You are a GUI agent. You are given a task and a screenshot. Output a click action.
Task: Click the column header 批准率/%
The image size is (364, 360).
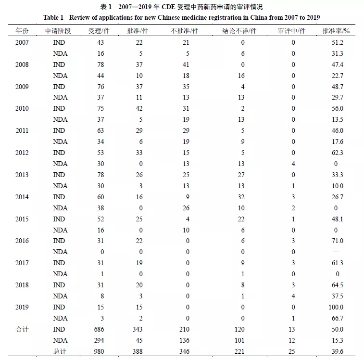pos(336,31)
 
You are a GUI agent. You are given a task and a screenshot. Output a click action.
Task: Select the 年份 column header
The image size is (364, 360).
pos(22,31)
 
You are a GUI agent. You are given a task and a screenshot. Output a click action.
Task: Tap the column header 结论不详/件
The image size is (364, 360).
pos(239,31)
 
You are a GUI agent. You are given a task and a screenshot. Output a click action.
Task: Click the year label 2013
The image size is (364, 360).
pos(22,175)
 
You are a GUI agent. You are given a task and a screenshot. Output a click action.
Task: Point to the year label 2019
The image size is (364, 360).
pos(22,307)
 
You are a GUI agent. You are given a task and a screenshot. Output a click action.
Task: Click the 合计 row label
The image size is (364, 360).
pos(22,329)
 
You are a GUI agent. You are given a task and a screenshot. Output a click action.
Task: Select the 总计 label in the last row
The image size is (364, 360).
pos(60,351)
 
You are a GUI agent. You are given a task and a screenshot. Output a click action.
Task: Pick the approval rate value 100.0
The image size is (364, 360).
pos(336,307)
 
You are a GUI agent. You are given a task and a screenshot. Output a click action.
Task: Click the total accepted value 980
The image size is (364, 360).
pos(99,351)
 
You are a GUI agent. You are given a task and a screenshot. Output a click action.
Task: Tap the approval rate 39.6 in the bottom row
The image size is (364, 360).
pos(337,351)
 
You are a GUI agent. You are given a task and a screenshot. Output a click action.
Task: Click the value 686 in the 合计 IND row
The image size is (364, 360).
pos(99,329)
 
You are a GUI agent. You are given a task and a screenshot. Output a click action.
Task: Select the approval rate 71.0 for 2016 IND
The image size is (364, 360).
pos(337,241)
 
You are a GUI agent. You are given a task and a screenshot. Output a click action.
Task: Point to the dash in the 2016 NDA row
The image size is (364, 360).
pos(336,252)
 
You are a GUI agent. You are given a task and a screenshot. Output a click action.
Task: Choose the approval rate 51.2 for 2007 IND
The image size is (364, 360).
pos(337,42)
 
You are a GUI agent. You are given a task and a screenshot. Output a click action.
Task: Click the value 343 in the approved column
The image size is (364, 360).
pos(138,329)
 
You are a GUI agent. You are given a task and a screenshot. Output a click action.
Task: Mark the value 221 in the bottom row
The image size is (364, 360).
pos(239,351)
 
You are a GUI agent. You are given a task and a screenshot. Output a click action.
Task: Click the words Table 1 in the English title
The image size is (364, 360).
pos(53,18)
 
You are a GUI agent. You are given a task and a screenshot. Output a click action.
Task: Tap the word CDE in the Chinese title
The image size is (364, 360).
pos(168,7)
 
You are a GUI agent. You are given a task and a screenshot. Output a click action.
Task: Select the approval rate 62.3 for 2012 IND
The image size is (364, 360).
pos(337,153)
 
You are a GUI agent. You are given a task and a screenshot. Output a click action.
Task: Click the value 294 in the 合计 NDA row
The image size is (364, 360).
pos(99,340)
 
